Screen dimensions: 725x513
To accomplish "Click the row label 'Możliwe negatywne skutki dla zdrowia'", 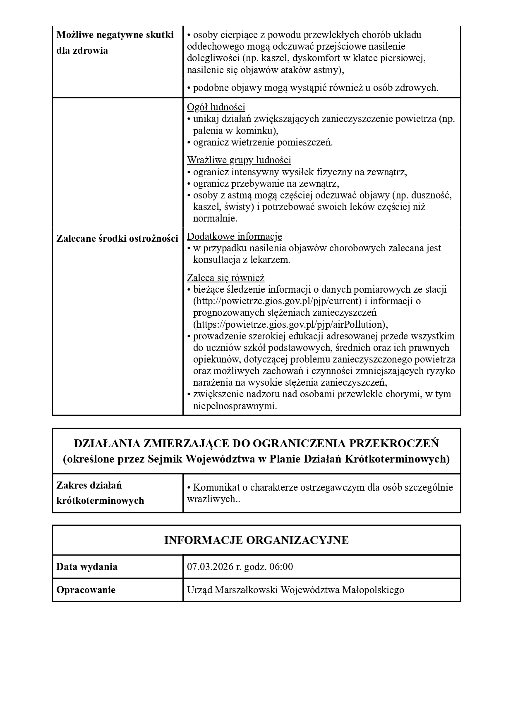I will tap(115, 43).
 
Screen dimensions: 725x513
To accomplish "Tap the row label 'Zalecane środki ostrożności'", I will tap(117, 238).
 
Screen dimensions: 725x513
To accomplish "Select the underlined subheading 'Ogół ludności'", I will tap(216, 107).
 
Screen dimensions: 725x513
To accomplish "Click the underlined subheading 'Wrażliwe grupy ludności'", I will tap(239, 160).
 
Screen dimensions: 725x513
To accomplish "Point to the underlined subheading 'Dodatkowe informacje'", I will tap(235, 236).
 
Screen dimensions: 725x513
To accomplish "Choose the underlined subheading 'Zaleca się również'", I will tap(225, 278).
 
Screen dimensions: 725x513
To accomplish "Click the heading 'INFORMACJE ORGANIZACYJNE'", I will tap(256, 540).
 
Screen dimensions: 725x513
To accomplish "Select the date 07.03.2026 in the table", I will tap(210, 567).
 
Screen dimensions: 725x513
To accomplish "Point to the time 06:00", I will tap(281, 567).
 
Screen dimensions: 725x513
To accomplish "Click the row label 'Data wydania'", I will tap(87, 567).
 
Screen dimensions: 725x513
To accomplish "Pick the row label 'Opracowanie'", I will tap(86, 590).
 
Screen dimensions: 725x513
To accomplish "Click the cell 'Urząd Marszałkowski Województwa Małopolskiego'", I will tap(295, 590).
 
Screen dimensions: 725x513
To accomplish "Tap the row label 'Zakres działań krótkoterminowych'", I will tap(100, 493).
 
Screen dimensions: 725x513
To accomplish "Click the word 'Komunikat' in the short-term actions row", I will tap(217, 487).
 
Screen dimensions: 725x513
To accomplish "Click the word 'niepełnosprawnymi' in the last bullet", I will tap(234, 406).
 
